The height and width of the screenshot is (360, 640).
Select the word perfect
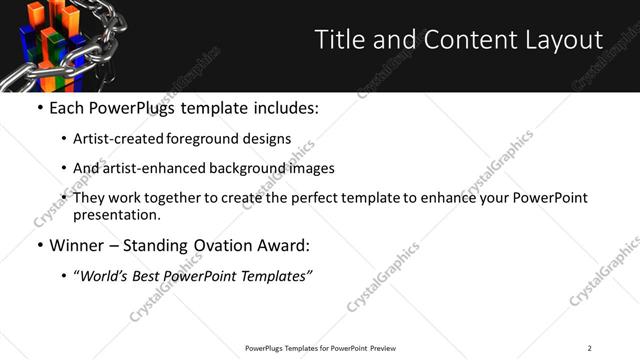[x=321, y=198]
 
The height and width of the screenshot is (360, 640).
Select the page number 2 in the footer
[x=589, y=347]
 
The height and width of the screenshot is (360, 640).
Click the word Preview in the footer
[x=384, y=347]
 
